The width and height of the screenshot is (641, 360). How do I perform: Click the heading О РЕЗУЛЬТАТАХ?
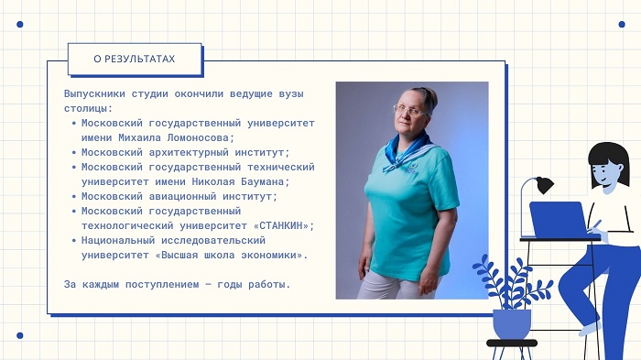(134, 59)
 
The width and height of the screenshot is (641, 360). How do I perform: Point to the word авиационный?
(182, 196)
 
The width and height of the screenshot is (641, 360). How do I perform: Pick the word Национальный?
(118, 240)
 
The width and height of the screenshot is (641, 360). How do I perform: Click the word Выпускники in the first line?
(94, 94)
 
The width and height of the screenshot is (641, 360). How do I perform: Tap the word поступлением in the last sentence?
(162, 284)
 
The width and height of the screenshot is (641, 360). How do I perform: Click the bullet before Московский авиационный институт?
(74, 197)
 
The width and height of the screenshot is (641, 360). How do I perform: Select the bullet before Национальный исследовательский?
(74, 241)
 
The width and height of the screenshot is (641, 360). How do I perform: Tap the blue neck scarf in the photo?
(408, 151)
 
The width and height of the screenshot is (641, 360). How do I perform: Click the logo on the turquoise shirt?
(410, 169)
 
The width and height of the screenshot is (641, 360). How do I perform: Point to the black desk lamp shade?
(545, 185)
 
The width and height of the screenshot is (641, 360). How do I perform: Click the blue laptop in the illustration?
(559, 220)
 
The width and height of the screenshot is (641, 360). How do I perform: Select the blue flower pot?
(511, 324)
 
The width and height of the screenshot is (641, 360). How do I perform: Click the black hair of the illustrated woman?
(609, 161)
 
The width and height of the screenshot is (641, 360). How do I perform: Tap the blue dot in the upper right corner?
(622, 24)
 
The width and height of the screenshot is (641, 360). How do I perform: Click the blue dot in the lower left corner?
(19, 335)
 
